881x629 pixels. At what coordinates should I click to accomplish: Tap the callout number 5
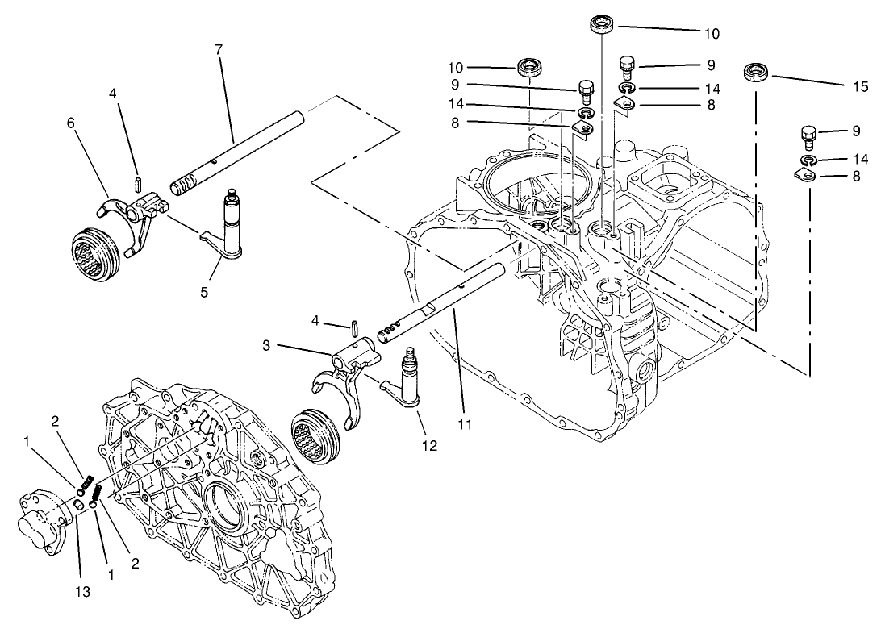click(x=204, y=292)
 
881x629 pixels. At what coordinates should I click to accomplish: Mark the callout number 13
click(x=84, y=591)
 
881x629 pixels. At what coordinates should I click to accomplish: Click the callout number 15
click(x=860, y=86)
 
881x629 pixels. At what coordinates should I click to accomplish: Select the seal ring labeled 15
click(x=756, y=73)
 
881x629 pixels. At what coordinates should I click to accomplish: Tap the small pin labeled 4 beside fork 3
click(x=355, y=326)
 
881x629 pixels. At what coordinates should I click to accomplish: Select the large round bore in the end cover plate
click(x=224, y=515)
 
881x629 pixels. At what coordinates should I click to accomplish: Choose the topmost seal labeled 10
click(x=600, y=23)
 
